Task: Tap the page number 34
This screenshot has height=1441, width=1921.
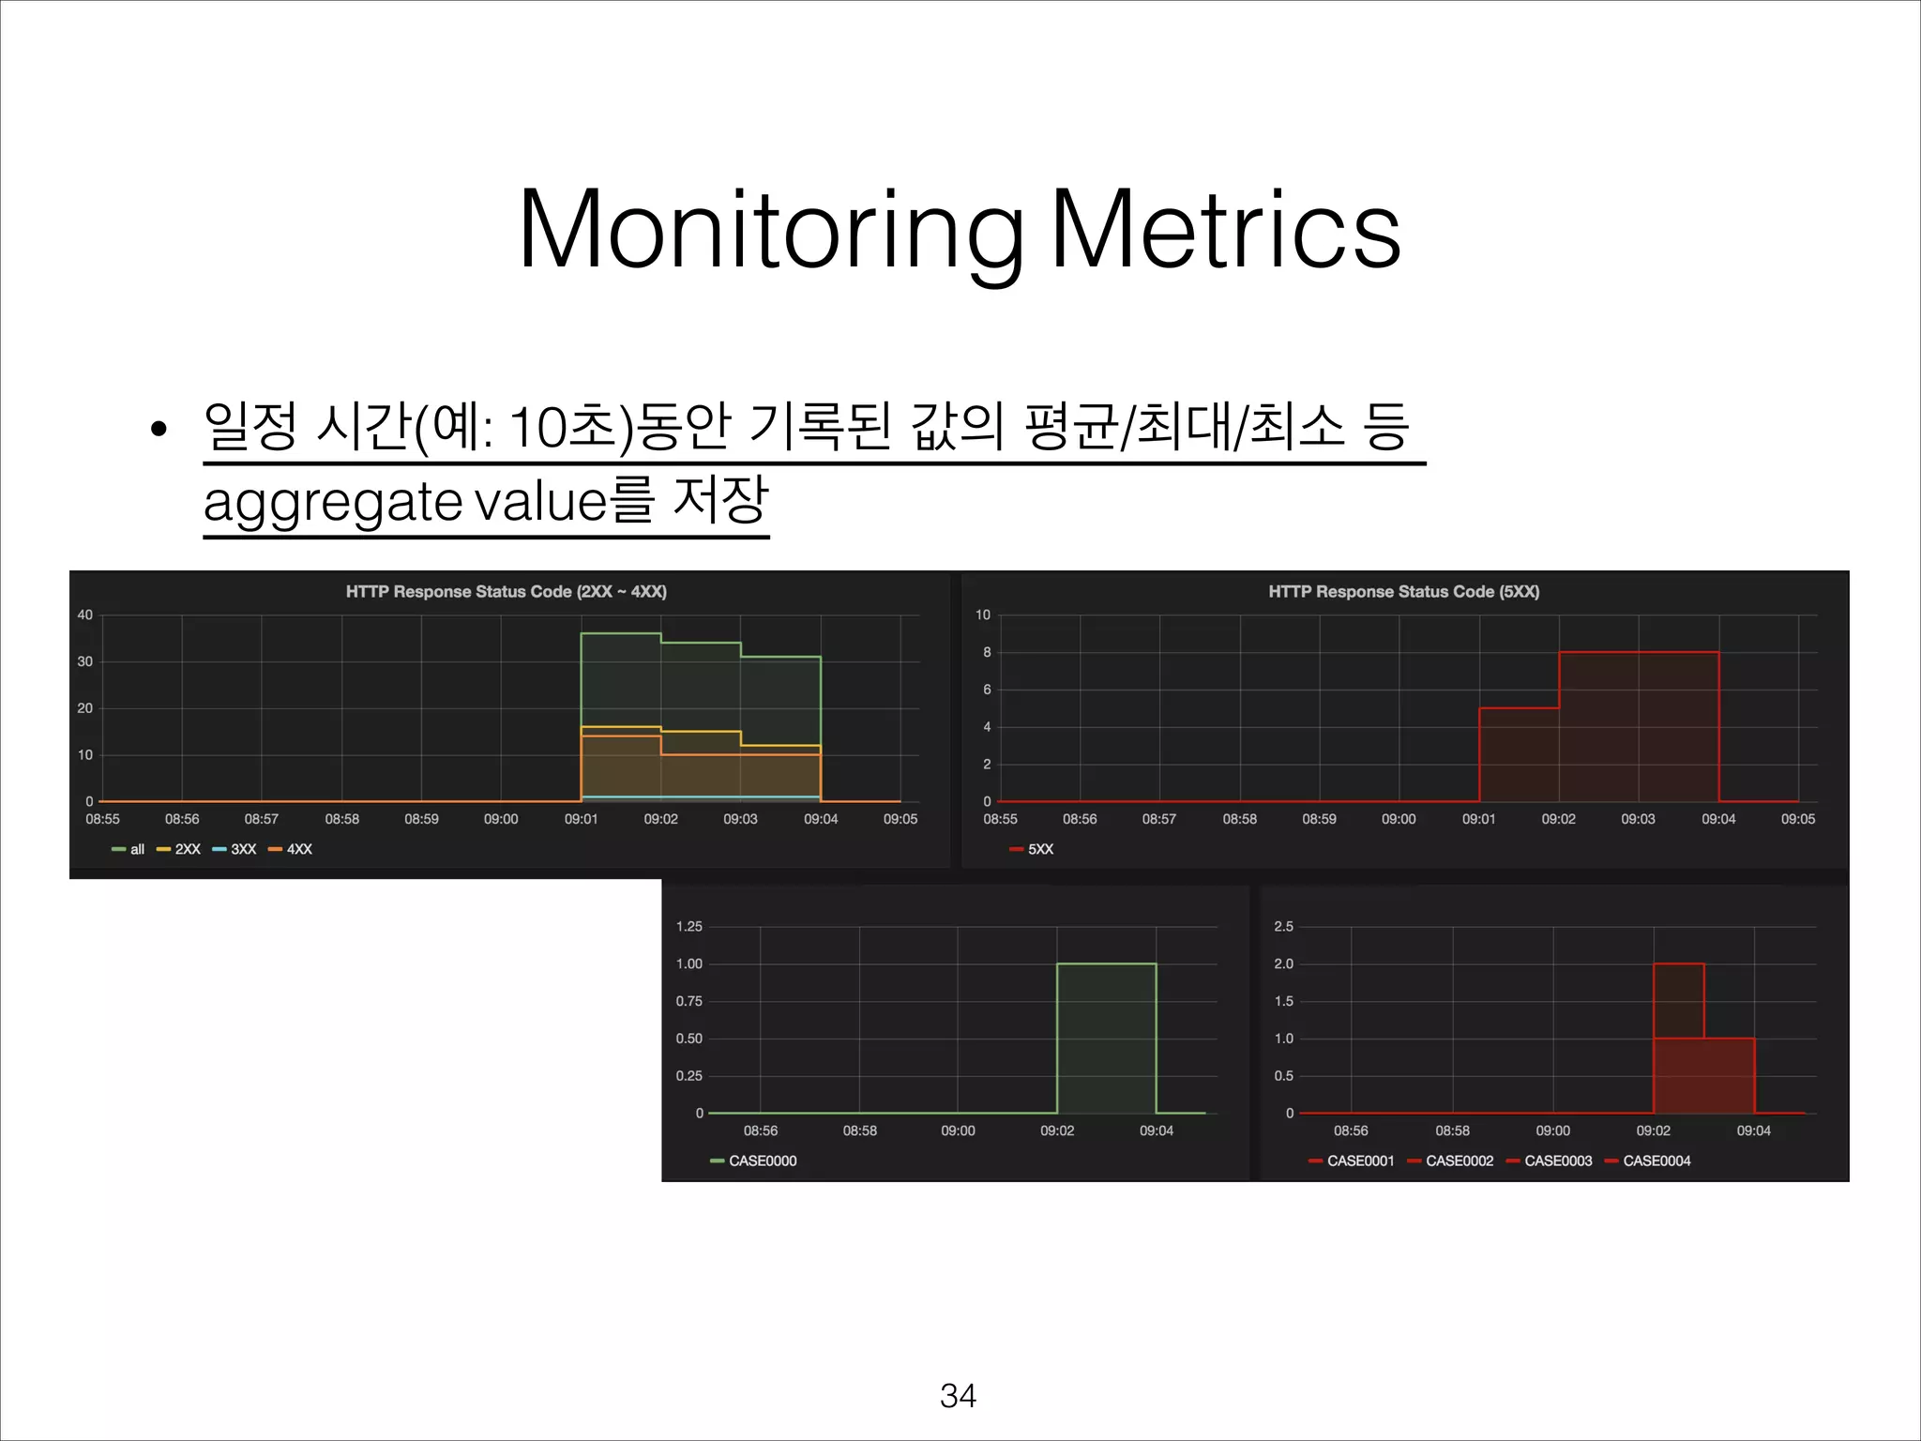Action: pos(958,1396)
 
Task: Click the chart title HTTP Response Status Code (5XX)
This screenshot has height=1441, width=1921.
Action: pos(1403,592)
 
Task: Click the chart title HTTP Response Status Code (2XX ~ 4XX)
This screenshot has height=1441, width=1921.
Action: pos(506,592)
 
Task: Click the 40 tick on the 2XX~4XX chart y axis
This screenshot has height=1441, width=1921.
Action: pos(85,615)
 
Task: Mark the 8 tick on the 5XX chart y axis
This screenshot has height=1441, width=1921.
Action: pos(987,653)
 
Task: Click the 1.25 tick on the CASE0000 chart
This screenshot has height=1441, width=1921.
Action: pos(689,927)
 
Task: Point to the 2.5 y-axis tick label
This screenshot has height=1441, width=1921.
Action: pos(1283,927)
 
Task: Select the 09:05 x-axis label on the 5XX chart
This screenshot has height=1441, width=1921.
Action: pos(1797,820)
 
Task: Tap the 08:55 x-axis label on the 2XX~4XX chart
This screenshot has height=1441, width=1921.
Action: pos(102,820)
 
